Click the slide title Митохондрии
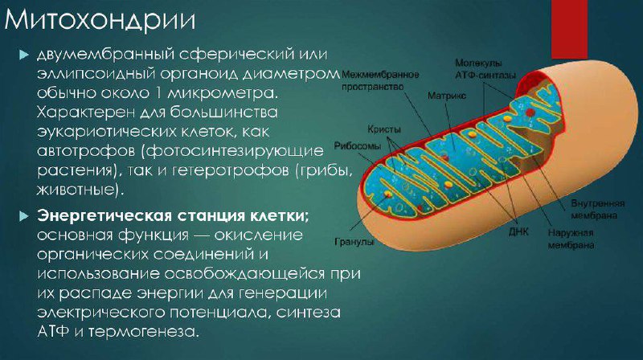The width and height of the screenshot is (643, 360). tap(100, 20)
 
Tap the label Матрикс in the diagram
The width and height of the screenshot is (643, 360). tap(447, 96)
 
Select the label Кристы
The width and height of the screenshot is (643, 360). tap(384, 129)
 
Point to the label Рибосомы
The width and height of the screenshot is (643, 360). tap(357, 146)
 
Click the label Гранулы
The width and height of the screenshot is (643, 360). tap(354, 242)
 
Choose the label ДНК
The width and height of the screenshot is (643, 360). tap(518, 231)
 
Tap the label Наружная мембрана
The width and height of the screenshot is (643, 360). tap(571, 239)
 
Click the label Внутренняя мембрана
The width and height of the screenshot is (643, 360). tap(598, 209)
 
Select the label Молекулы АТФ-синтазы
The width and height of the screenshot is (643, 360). tap(485, 69)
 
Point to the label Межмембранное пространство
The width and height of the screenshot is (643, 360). tap(380, 81)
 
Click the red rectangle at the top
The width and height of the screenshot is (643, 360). tap(569, 29)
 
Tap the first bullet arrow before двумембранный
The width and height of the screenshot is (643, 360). tap(24, 55)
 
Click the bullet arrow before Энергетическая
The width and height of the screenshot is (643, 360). tap(24, 216)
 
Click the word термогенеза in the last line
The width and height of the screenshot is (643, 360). tap(143, 331)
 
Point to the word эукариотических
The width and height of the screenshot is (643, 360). tap(106, 132)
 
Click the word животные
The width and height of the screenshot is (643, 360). tap(80, 190)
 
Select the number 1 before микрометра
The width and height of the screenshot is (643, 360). tap(158, 92)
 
